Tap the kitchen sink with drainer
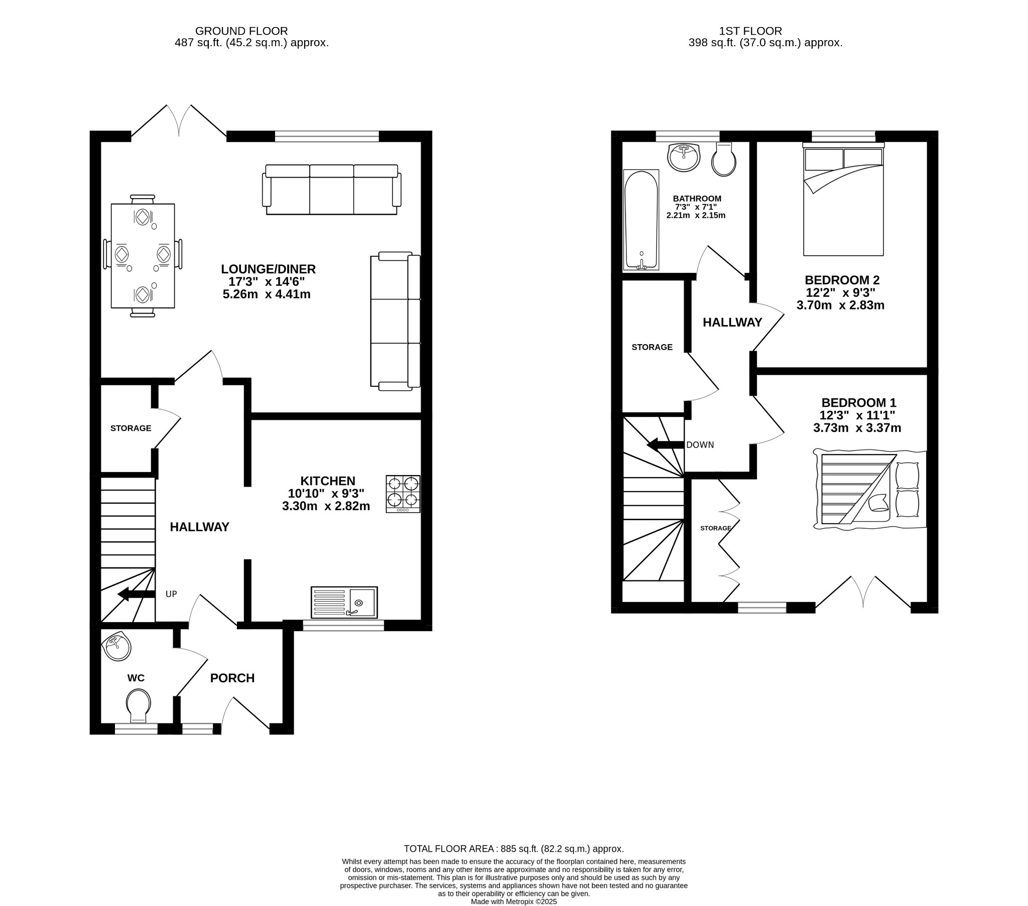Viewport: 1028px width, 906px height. tap(344, 602)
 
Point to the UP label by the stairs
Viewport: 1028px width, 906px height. tap(171, 594)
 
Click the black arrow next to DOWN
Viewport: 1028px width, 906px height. tap(666, 444)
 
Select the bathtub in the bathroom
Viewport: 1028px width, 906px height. tap(640, 220)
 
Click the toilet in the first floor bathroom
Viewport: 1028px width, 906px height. tap(724, 160)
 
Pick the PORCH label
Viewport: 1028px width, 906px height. tap(232, 678)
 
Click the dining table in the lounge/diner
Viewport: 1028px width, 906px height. tap(143, 255)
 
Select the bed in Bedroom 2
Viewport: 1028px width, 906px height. tap(843, 201)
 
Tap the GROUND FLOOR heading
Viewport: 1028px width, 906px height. tap(241, 31)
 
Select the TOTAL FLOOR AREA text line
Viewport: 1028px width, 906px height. tap(513, 849)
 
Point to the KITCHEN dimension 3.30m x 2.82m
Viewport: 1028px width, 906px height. tap(326, 506)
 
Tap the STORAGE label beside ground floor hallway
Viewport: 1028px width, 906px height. tap(131, 428)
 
